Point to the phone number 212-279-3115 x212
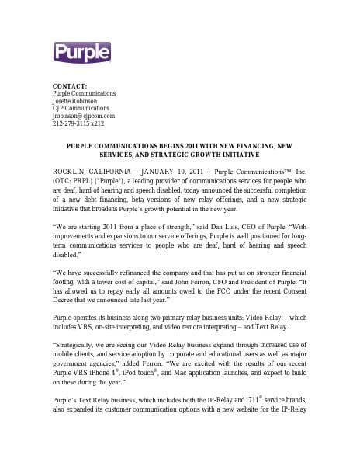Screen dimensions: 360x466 click(x=78, y=123)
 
